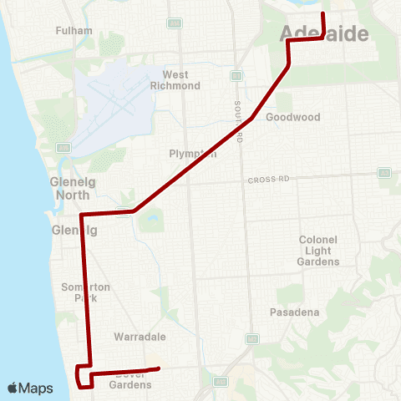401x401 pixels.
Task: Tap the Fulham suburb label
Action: pos(68,31)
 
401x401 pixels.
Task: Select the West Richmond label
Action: pos(175,80)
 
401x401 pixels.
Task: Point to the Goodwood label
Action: pos(292,118)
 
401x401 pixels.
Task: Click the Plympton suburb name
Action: pos(192,154)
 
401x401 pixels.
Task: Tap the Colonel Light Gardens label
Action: pos(318,251)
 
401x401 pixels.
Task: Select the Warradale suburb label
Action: pos(140,337)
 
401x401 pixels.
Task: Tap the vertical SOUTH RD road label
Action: pos(238,122)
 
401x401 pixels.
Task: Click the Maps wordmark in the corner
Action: pos(36,388)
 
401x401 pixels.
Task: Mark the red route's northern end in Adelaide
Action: pos(323,14)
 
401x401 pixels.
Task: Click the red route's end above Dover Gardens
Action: pos(158,368)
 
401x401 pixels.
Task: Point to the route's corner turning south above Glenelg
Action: pos(81,215)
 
